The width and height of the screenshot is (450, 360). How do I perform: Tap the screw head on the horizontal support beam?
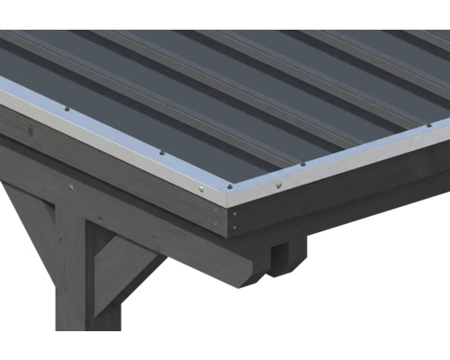[x=71, y=187]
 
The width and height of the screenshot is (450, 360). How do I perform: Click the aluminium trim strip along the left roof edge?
[x=108, y=135]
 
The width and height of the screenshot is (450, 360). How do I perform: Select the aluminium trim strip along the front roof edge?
[x=342, y=163]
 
